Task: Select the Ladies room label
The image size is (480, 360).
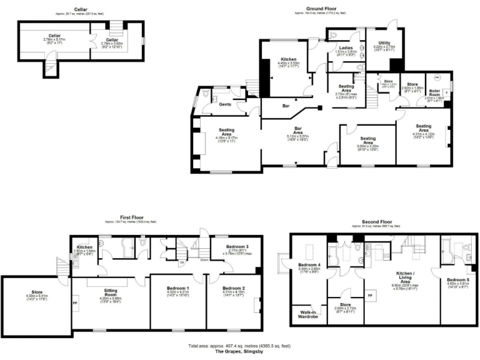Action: pos(346,48)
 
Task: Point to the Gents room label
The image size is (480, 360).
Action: pos(225,104)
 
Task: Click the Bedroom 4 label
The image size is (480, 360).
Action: pos(309,264)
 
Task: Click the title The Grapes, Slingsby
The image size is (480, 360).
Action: pos(241,351)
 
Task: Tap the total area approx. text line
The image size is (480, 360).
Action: pos(241,346)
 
